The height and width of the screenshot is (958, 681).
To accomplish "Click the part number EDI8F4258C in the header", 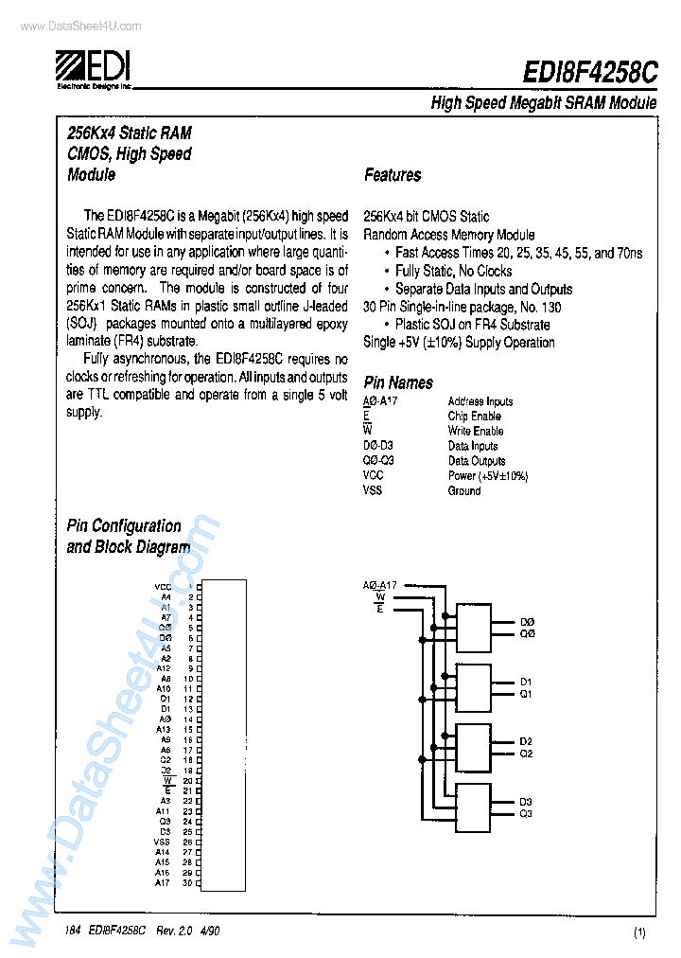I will click(x=590, y=75).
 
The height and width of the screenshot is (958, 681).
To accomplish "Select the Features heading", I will click(x=393, y=175).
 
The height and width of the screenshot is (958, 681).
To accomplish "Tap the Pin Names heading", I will click(x=398, y=382).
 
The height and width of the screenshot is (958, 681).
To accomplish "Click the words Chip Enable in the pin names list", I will click(x=474, y=416).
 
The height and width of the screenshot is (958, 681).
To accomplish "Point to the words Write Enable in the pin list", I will click(x=475, y=431).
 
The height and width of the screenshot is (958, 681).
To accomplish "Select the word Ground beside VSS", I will click(x=463, y=490).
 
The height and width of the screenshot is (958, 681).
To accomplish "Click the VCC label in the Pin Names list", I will click(x=373, y=476).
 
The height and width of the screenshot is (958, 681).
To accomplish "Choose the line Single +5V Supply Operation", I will click(x=459, y=342).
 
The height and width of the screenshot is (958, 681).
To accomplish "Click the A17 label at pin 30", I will click(x=163, y=882).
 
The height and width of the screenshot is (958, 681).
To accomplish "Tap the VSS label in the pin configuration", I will click(x=162, y=842).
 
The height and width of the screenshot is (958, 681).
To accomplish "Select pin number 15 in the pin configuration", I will click(x=188, y=730).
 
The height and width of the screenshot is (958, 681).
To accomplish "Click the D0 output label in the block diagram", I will click(x=527, y=622).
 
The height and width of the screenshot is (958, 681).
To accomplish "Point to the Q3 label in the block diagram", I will click(x=526, y=813).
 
